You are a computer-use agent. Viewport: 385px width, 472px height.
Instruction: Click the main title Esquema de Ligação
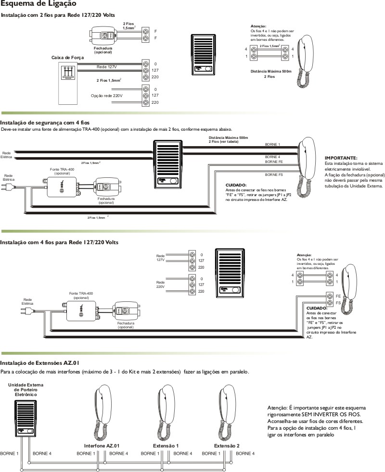click(x=31, y=4)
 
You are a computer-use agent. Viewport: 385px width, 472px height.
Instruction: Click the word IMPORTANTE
click(x=341, y=158)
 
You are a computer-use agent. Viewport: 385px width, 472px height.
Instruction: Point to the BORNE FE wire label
click(x=274, y=162)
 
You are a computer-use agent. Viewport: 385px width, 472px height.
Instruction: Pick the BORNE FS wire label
click(x=274, y=175)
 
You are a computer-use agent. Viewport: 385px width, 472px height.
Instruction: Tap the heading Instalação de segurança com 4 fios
click(x=45, y=123)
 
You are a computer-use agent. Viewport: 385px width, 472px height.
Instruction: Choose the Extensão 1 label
click(x=166, y=446)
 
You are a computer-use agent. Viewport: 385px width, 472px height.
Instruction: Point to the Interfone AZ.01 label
click(x=102, y=446)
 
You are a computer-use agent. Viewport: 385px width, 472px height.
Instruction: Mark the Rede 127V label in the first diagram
click(x=107, y=67)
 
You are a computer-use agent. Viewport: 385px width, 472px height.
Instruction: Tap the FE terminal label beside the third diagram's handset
click(x=338, y=296)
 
